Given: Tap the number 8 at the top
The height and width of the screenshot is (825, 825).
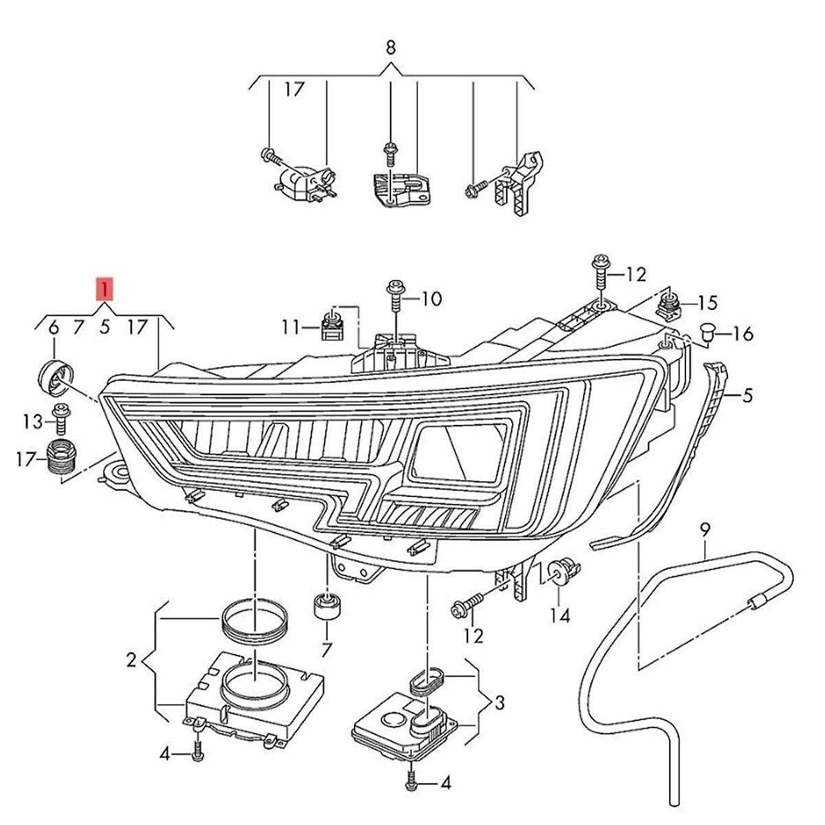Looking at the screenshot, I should pyautogui.click(x=390, y=47).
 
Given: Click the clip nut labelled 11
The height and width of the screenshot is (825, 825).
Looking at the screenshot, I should pyautogui.click(x=333, y=326).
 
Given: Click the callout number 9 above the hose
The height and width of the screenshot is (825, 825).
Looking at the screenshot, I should pyautogui.click(x=703, y=530).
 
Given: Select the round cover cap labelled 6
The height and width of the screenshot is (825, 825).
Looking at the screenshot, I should pyautogui.click(x=55, y=376).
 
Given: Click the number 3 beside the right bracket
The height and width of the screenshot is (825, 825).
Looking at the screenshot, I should pyautogui.click(x=499, y=703).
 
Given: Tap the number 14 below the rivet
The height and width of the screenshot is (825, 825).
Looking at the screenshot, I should pyautogui.click(x=560, y=616).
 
